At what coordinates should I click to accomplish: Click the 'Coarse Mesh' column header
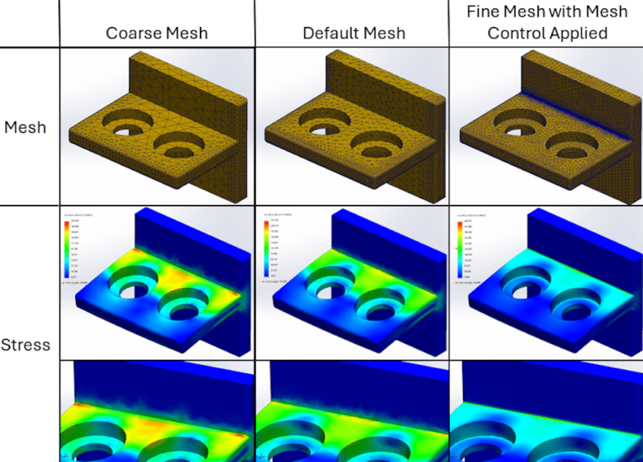click(x=157, y=33)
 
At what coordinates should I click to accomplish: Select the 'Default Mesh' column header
click(x=353, y=33)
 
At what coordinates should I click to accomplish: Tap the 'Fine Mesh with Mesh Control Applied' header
click(x=545, y=23)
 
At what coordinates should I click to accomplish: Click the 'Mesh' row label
click(x=26, y=127)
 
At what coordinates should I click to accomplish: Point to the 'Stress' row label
click(x=26, y=345)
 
